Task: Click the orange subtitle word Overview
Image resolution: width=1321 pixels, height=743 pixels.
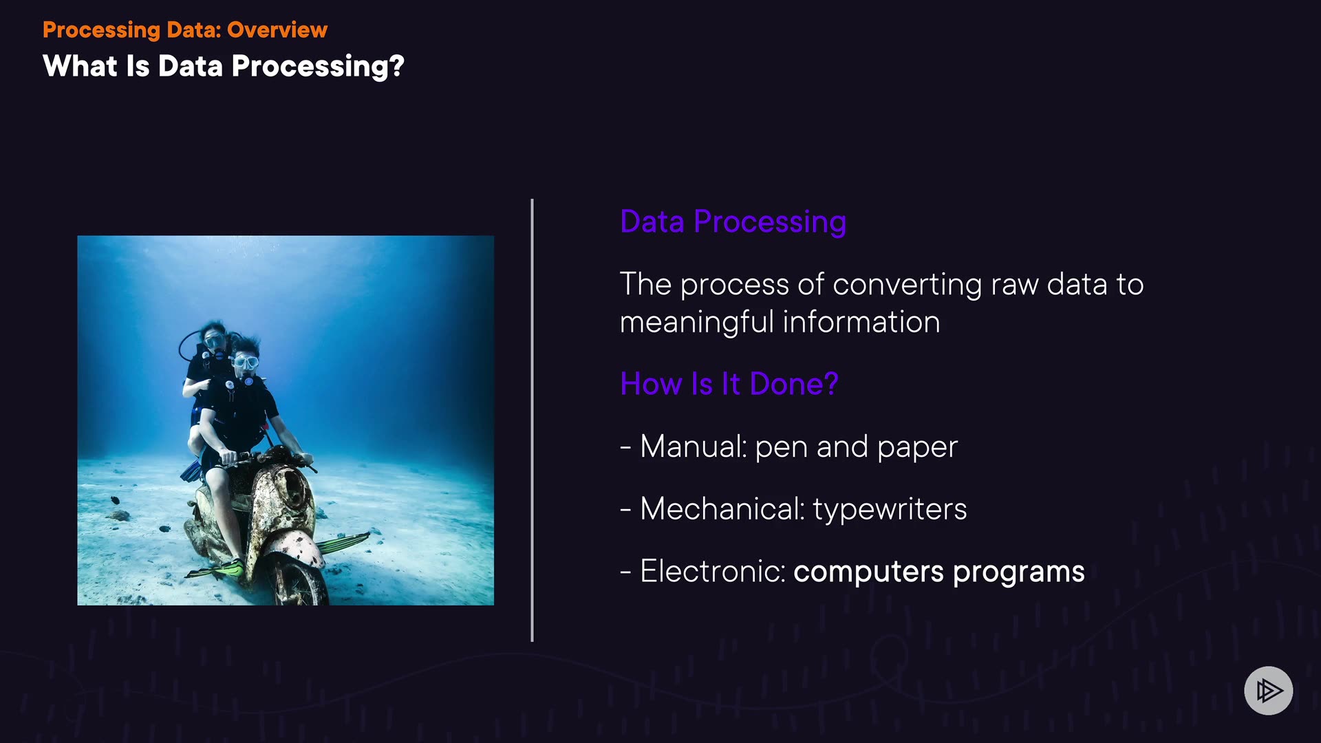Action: (277, 30)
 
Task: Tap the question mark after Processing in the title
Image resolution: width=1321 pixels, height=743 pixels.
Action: (396, 66)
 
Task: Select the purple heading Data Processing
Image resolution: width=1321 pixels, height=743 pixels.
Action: (733, 222)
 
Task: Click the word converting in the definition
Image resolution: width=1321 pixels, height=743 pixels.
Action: (907, 285)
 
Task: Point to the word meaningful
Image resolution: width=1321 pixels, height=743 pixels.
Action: (697, 323)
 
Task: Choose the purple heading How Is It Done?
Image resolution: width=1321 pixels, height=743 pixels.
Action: (729, 384)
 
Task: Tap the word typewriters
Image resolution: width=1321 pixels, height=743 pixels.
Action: (890, 510)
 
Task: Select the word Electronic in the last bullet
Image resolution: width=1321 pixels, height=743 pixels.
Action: (713, 571)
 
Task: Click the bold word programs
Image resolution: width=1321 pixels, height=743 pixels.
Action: (1018, 572)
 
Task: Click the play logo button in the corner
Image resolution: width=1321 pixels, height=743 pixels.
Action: (1268, 690)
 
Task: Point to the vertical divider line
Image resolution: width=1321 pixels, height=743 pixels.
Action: (532, 420)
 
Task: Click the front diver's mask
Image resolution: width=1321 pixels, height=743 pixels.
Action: (246, 362)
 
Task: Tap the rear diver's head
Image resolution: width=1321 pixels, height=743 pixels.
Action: (214, 335)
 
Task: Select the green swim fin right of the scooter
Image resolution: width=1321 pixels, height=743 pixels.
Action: (342, 543)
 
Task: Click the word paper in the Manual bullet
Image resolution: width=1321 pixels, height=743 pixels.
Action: (918, 448)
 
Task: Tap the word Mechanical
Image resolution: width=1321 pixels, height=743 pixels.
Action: (722, 509)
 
